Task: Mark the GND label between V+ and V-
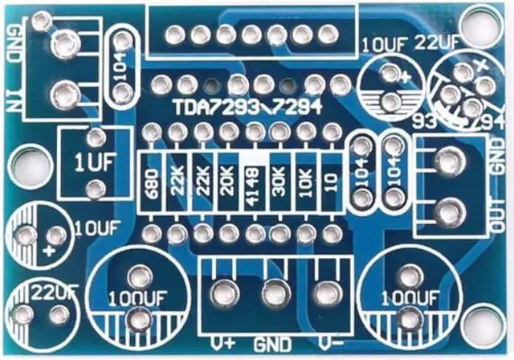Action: [x=273, y=345]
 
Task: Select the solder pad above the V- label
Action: [x=326, y=290]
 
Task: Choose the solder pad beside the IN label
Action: [x=61, y=94]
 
